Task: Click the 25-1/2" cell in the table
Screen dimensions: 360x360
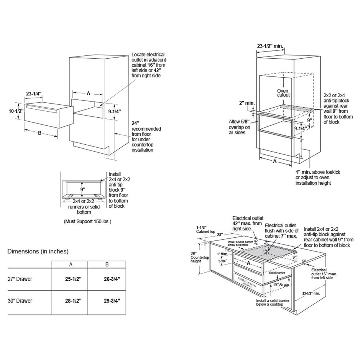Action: (x=71, y=279)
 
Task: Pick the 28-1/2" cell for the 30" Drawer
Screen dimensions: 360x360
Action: (x=71, y=300)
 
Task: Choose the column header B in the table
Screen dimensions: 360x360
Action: (x=107, y=265)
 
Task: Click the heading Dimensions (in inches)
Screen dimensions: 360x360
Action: (x=38, y=251)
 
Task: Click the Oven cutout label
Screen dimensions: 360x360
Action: (x=283, y=93)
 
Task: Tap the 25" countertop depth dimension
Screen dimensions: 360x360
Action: (x=220, y=235)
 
